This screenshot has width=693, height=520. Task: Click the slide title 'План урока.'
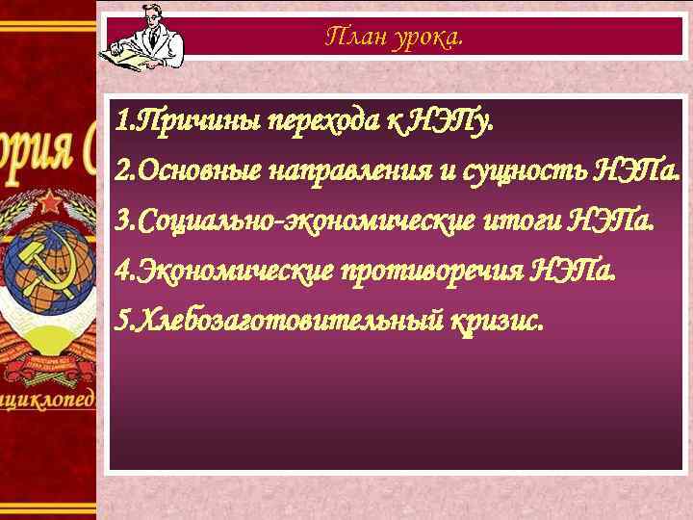click(394, 37)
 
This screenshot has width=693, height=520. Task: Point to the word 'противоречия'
click(433, 273)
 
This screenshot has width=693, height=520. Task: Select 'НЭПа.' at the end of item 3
click(612, 223)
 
